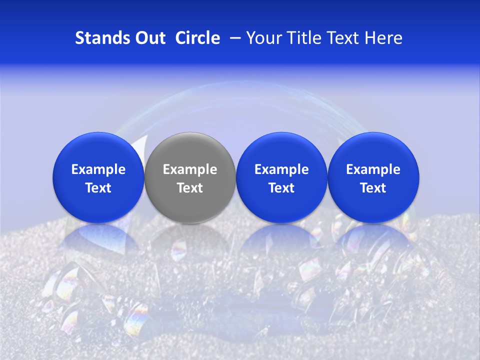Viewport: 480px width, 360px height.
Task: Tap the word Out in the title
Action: tap(149, 38)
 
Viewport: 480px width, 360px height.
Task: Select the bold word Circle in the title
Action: tap(197, 38)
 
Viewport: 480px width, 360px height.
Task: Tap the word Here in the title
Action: tap(383, 38)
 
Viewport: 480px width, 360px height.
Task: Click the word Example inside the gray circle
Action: tap(190, 169)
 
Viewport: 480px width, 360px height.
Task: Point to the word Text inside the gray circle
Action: tap(190, 188)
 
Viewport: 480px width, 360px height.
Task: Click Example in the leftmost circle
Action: tap(98, 169)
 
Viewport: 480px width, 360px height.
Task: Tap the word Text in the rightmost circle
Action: tap(373, 188)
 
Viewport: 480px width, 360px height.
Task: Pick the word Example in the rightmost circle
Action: tap(373, 169)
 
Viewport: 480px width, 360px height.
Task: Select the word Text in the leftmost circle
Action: tap(98, 188)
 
